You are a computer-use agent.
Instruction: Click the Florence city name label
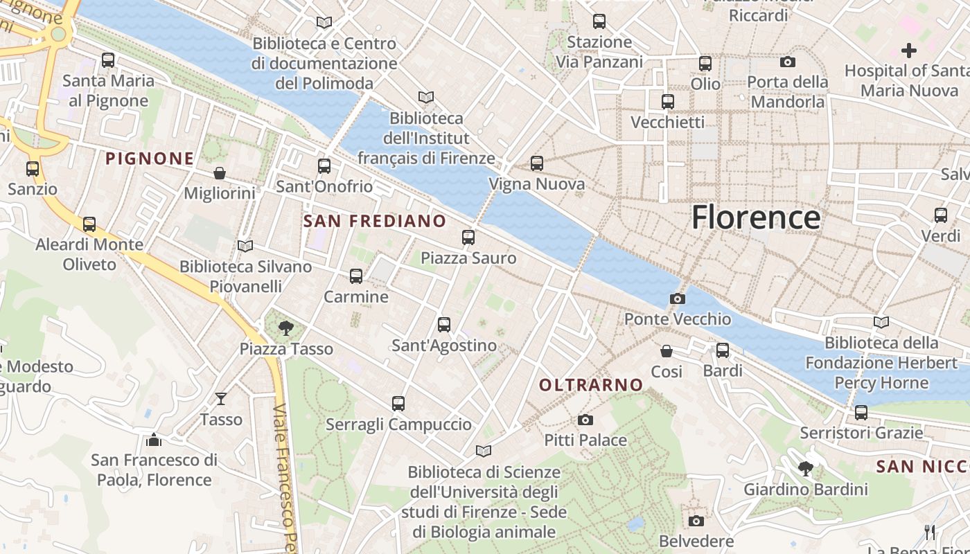click(x=756, y=217)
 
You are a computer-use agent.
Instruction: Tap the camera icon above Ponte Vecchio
click(x=678, y=298)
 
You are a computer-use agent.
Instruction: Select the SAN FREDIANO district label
click(x=375, y=221)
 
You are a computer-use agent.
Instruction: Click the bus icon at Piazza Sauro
click(x=468, y=238)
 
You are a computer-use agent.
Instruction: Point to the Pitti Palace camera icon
click(x=585, y=420)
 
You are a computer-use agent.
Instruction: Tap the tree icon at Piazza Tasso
click(x=285, y=328)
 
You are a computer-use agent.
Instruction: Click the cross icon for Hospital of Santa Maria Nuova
click(x=908, y=50)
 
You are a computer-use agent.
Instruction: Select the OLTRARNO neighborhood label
click(x=591, y=385)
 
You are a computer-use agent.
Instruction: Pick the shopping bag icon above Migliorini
click(x=220, y=172)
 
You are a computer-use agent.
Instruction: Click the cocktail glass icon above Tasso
click(x=221, y=398)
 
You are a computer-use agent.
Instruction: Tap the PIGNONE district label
click(x=150, y=159)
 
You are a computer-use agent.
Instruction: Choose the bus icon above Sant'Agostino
click(x=444, y=324)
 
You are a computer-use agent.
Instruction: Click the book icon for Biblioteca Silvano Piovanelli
click(x=245, y=246)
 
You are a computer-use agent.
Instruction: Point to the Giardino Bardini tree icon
click(x=805, y=469)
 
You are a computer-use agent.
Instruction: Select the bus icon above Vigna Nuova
click(x=537, y=163)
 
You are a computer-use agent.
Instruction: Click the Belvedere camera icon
click(x=696, y=521)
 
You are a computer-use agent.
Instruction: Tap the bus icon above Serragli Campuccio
click(x=398, y=403)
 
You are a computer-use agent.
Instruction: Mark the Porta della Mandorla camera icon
click(x=787, y=62)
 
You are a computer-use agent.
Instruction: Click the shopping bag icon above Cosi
click(x=667, y=351)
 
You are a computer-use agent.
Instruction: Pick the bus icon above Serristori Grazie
click(x=861, y=413)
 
